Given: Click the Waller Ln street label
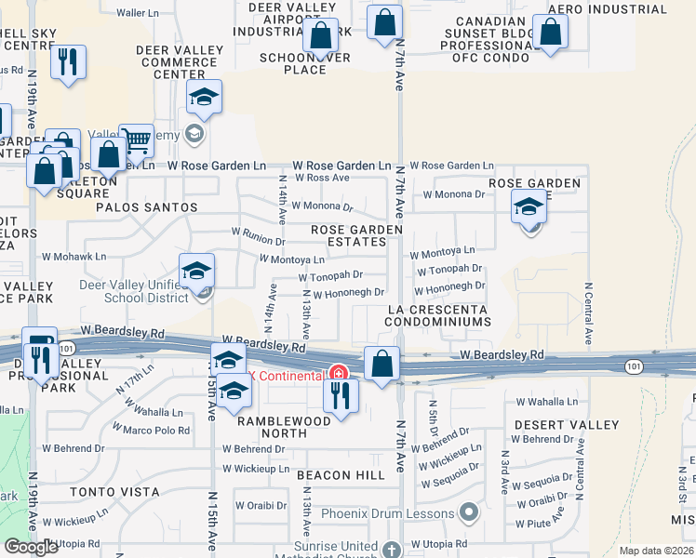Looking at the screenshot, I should tap(138, 13).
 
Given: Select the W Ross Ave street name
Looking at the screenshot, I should tap(321, 177).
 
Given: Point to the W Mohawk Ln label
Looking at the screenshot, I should tap(74, 256).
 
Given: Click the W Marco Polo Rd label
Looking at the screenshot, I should tap(156, 431).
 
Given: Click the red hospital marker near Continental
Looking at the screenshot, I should tap(340, 375).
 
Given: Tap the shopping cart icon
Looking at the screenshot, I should tap(137, 141).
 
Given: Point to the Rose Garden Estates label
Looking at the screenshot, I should tap(356, 235).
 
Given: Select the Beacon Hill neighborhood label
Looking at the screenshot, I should tap(341, 474).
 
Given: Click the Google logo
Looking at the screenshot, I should tap(32, 548).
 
